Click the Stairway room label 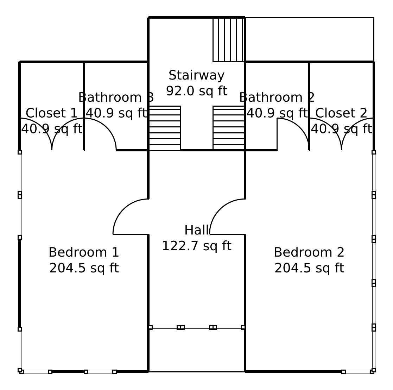[196, 75]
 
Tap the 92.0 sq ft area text [196, 91]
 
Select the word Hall [196, 230]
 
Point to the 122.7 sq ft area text [196, 246]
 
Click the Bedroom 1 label [84, 252]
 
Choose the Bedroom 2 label [309, 252]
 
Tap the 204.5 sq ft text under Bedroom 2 [309, 268]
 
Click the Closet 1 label [51, 113]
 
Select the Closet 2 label [341, 113]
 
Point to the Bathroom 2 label [277, 97]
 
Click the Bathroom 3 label [116, 97]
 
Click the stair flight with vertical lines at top [228, 40]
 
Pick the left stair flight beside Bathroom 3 [165, 128]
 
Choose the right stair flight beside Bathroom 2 [229, 128]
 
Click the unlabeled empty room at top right [309, 39]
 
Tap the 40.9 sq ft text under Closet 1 [51, 129]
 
